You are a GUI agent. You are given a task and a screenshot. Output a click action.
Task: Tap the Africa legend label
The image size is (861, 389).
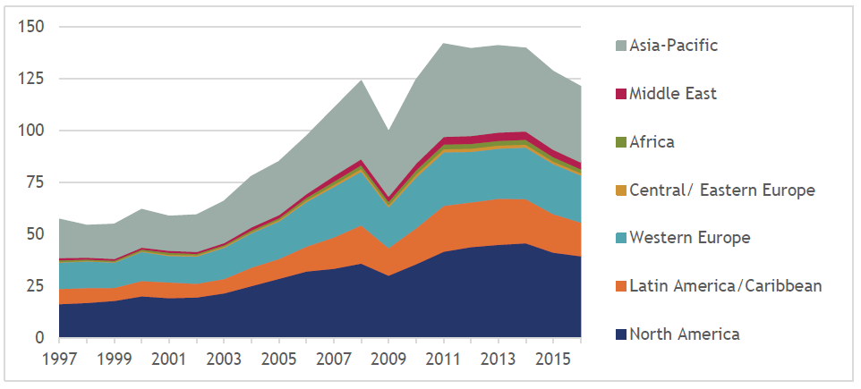click(x=652, y=141)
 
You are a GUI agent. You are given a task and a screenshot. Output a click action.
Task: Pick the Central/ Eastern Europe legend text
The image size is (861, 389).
click(x=721, y=190)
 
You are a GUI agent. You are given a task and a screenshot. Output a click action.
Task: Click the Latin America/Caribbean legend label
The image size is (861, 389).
click(x=725, y=286)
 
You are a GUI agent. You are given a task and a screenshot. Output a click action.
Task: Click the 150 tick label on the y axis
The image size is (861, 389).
click(x=31, y=27)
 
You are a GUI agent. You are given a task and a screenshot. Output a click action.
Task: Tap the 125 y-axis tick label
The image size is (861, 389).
click(x=31, y=79)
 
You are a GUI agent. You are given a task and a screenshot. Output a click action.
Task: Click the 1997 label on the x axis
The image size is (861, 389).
click(x=59, y=359)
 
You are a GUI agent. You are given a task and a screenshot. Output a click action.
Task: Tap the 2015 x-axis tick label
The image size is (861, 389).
click(x=554, y=359)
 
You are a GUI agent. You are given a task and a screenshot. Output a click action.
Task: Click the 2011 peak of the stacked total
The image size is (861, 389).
click(x=442, y=43)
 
